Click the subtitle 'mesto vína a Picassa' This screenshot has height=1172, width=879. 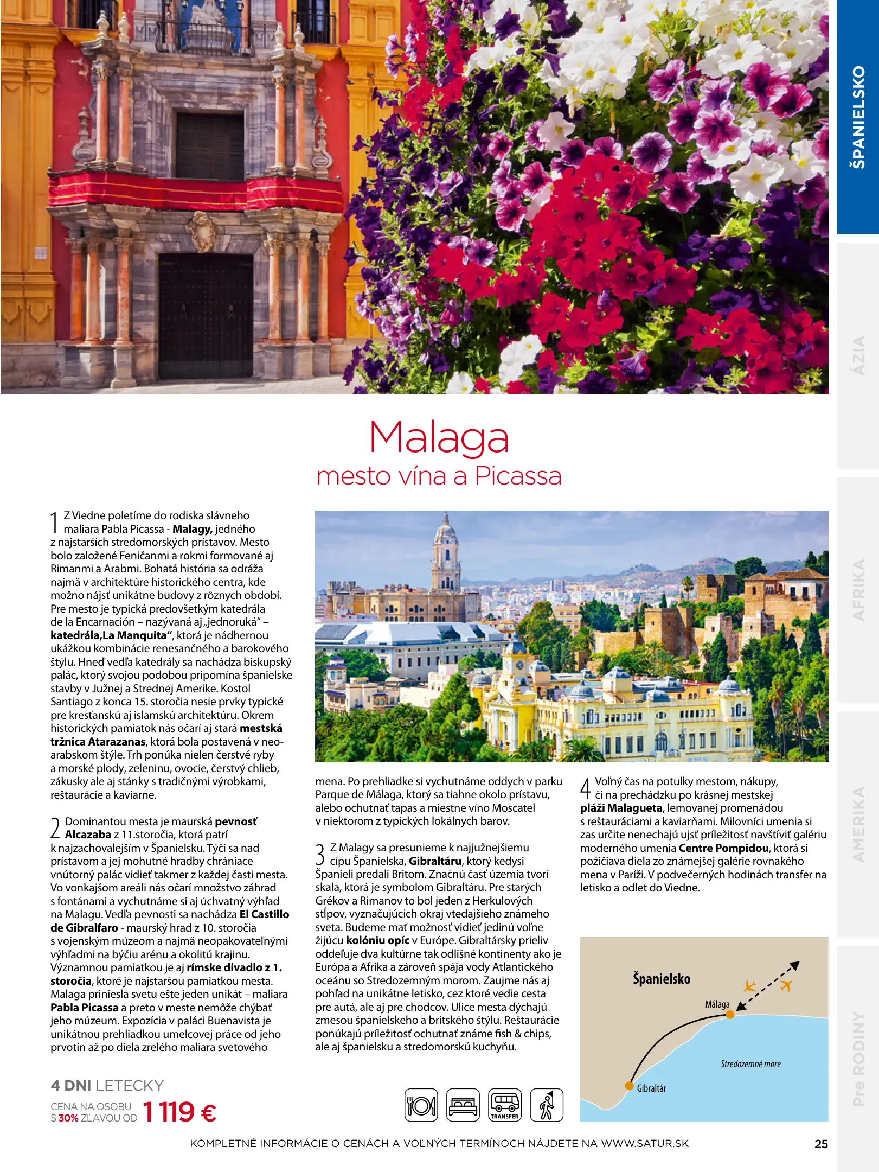[x=439, y=476]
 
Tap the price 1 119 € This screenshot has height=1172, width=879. [x=179, y=1112]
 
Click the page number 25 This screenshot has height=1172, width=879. [x=821, y=1144]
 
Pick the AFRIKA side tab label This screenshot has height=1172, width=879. [x=858, y=590]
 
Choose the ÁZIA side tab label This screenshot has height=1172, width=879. [x=858, y=355]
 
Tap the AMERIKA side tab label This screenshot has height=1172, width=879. [x=858, y=824]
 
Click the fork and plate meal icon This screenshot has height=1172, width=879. [x=421, y=1105]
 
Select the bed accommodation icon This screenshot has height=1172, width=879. [x=463, y=1105]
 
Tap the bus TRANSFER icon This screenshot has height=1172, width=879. [x=504, y=1105]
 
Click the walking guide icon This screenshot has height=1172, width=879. [x=546, y=1105]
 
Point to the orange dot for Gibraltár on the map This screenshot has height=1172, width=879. [x=629, y=1086]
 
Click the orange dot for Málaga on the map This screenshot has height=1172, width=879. [x=730, y=1015]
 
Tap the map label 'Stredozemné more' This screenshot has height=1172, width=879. [x=750, y=1064]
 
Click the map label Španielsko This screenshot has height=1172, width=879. [x=662, y=979]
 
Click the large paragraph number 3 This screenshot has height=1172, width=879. [x=320, y=854]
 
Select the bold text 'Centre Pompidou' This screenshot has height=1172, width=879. [x=723, y=848]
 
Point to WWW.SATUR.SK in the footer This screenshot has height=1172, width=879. [x=645, y=1143]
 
